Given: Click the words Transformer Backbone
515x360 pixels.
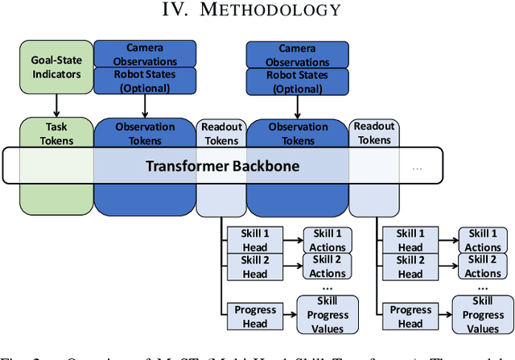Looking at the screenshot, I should (222, 166).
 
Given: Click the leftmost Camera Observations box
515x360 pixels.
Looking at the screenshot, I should (145, 54).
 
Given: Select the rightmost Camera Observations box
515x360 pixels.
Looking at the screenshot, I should (297, 54).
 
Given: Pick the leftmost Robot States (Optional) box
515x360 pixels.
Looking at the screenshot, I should (145, 81).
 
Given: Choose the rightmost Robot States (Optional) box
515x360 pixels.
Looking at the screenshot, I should (297, 81).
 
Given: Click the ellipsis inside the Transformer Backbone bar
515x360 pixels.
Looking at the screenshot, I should (418, 168).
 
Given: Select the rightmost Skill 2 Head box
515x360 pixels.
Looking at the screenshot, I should (410, 267).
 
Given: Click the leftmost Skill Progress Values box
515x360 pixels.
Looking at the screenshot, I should (327, 315).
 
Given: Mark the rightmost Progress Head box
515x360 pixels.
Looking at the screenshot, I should (410, 316).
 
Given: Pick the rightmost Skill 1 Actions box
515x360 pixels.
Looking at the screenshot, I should (483, 240).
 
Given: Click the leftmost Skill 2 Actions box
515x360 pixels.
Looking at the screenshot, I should (327, 267).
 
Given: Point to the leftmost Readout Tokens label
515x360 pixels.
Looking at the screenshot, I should (221, 134).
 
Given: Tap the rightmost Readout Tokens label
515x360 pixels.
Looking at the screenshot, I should (373, 133).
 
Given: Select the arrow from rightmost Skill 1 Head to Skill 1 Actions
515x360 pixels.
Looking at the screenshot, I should (447, 240).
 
